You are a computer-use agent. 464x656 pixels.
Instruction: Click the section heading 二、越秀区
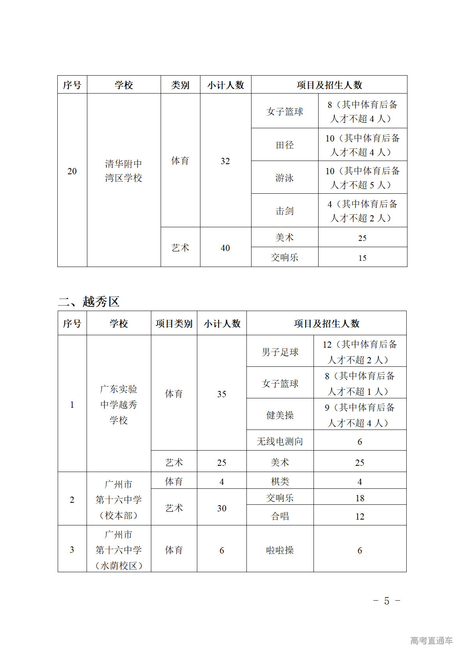(89, 301)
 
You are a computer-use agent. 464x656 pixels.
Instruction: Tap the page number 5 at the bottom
(386, 601)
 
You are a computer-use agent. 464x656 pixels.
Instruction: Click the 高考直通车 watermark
(431, 640)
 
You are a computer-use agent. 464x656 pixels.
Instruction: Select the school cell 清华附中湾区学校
(124, 171)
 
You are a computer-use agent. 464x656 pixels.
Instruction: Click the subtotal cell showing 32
(225, 161)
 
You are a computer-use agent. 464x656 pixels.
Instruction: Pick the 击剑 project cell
(285, 211)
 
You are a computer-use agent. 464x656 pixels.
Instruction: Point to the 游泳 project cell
(285, 178)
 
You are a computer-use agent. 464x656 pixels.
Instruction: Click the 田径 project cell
(285, 145)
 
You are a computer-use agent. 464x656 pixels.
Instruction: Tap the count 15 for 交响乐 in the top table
(362, 258)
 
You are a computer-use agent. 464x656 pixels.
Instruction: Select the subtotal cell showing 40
(225, 248)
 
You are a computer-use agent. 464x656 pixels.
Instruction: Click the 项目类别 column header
(174, 324)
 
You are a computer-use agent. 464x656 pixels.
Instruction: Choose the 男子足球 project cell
(280, 352)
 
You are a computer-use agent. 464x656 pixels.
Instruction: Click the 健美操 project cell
(280, 415)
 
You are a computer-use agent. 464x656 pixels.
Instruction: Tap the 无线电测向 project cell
(280, 441)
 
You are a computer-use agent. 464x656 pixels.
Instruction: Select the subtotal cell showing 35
(221, 394)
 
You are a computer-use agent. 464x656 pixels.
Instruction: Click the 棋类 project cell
(280, 481)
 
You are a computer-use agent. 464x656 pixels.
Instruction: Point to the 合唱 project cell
(280, 516)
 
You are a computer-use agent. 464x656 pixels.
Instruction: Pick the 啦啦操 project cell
(280, 550)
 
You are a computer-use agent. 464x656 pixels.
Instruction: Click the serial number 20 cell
(72, 171)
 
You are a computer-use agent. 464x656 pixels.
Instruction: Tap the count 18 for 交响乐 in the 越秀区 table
(360, 498)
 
